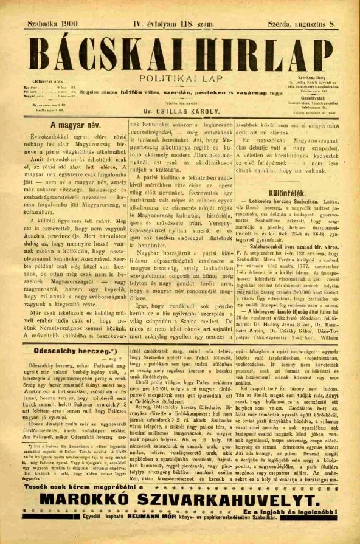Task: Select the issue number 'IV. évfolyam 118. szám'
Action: coord(173,24)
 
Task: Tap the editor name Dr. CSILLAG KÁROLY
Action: coord(180,112)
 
